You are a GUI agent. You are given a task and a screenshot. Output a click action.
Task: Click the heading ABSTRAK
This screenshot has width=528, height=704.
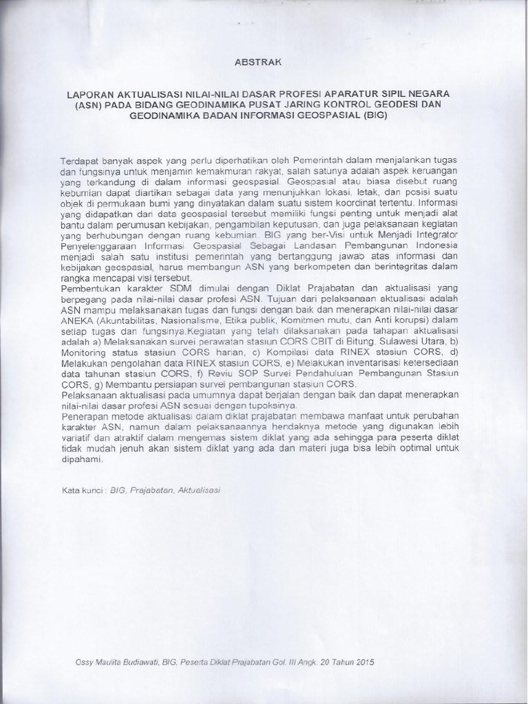coord(258,61)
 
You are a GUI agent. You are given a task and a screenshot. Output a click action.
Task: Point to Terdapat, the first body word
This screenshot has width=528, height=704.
coord(78,159)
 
